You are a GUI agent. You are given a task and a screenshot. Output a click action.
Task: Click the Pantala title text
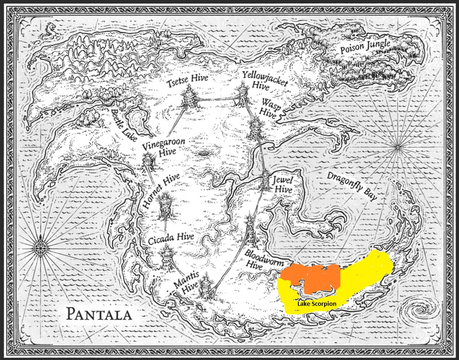(x=100, y=314)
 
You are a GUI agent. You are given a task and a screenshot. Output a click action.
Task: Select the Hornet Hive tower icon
(x=166, y=206)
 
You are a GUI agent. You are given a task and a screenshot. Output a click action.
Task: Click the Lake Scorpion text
(x=316, y=304)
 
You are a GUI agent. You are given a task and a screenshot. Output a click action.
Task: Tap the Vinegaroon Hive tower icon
(x=149, y=161)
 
